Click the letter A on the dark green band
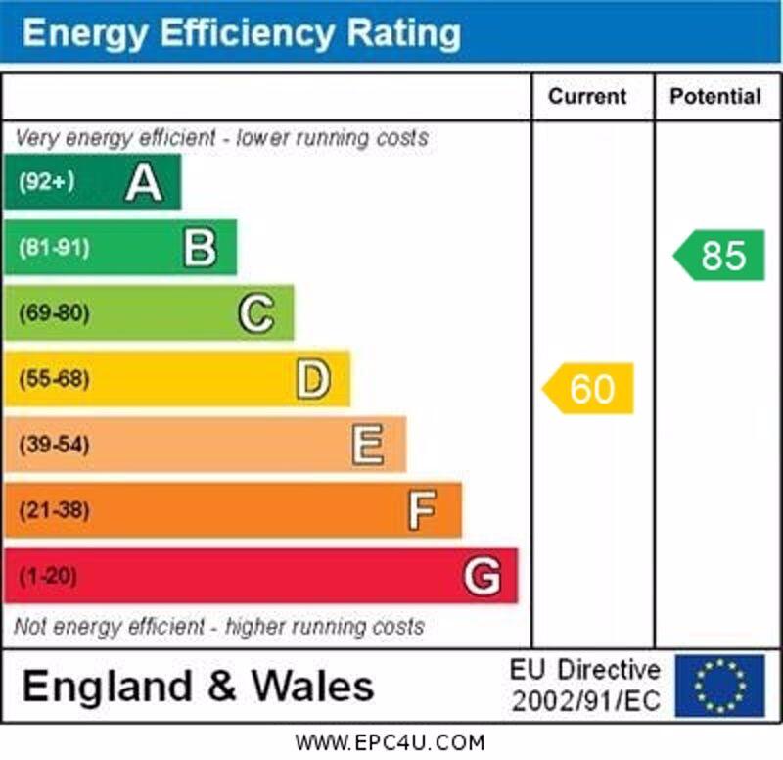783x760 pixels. [x=144, y=182]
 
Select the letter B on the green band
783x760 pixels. [x=200, y=248]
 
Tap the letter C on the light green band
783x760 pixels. [x=256, y=313]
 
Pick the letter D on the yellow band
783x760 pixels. [x=313, y=380]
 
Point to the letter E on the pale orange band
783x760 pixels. [x=368, y=446]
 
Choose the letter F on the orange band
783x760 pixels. [x=422, y=510]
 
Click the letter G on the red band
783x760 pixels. [x=482, y=577]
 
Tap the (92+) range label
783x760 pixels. [x=46, y=182]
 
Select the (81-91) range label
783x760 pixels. [x=53, y=248]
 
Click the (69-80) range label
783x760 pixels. [x=54, y=313]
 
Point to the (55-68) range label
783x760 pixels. [x=54, y=380]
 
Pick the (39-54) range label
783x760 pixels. [x=54, y=446]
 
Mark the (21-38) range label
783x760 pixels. [x=54, y=510]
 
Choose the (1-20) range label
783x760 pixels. [x=47, y=577]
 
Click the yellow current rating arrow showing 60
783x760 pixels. [x=589, y=389]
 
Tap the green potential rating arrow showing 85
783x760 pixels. [x=720, y=256]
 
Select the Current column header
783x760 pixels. [x=587, y=96]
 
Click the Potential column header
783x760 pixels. [x=715, y=96]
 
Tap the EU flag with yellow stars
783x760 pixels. [x=719, y=686]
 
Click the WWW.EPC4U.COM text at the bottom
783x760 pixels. [x=390, y=742]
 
